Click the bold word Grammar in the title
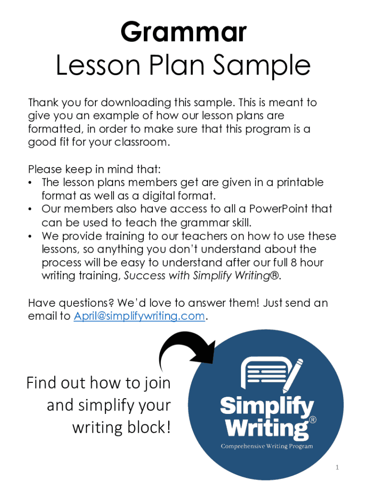pyautogui.click(x=184, y=32)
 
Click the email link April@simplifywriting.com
pyautogui.click(x=139, y=316)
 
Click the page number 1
pyautogui.click(x=337, y=468)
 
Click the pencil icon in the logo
pyautogui.click(x=293, y=375)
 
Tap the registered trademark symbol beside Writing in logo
pyautogui.click(x=312, y=420)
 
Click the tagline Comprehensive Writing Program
pyautogui.click(x=266, y=446)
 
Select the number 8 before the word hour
pyautogui.click(x=294, y=263)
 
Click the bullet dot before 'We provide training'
pyautogui.click(x=30, y=236)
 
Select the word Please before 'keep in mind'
pyautogui.click(x=45, y=169)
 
